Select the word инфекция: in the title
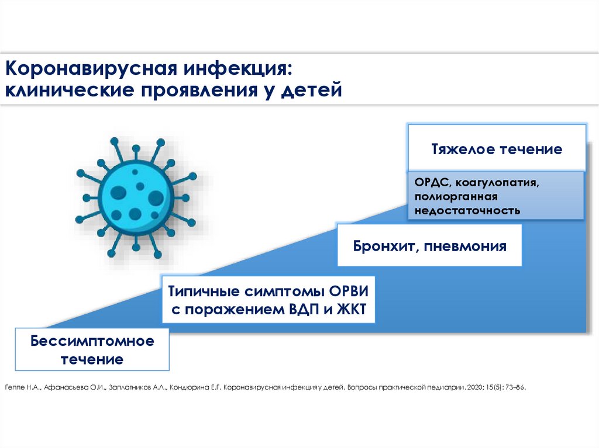pyautogui.click(x=236, y=69)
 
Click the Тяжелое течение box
pyautogui.click(x=497, y=149)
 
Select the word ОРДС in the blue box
pyautogui.click(x=430, y=183)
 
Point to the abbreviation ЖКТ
pyautogui.click(x=352, y=310)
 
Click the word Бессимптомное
pyautogui.click(x=92, y=341)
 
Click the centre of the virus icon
pyautogui.click(x=136, y=196)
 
